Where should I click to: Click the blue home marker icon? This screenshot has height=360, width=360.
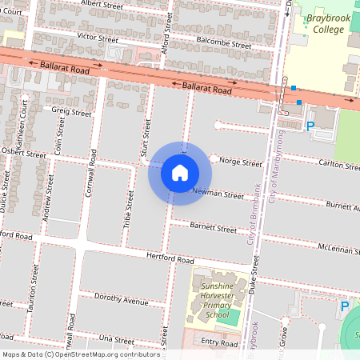tap(180, 173)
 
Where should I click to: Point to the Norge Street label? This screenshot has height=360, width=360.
tap(239, 162)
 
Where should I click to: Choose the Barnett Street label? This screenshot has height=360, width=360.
tap(214, 228)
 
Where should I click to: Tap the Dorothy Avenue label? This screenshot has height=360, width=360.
tap(122, 301)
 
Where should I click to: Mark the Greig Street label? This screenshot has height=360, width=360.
tap(71, 113)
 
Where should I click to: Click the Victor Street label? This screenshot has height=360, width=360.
tap(98, 38)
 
